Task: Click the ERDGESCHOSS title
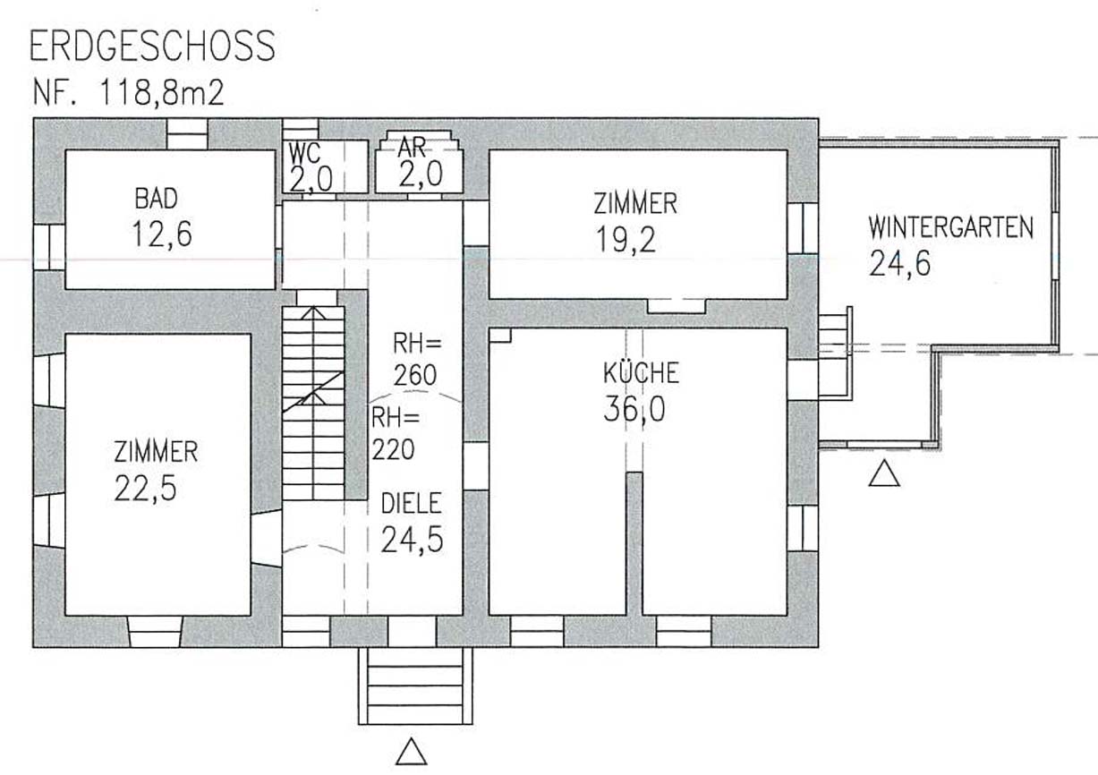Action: [x=152, y=46]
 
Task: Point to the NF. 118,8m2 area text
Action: [x=129, y=93]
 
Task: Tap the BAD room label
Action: [x=157, y=199]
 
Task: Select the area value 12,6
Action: [x=162, y=234]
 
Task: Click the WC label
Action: [x=304, y=153]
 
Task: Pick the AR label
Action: [x=412, y=147]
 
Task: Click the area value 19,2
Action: [x=626, y=240]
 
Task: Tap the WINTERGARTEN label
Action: [x=951, y=228]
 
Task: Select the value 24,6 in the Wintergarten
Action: [x=900, y=263]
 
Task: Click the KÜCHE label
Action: [x=641, y=372]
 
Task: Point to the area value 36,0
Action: [x=634, y=409]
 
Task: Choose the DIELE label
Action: [x=412, y=504]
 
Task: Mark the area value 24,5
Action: [x=412, y=540]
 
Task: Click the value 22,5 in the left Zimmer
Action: [x=145, y=489]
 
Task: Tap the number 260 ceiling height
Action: [x=415, y=376]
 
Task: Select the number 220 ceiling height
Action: [x=393, y=449]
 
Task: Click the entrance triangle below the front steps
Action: [x=412, y=752]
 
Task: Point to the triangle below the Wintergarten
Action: [x=884, y=473]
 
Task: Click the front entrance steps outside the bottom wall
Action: [x=416, y=686]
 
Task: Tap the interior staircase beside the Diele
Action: [x=313, y=403]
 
